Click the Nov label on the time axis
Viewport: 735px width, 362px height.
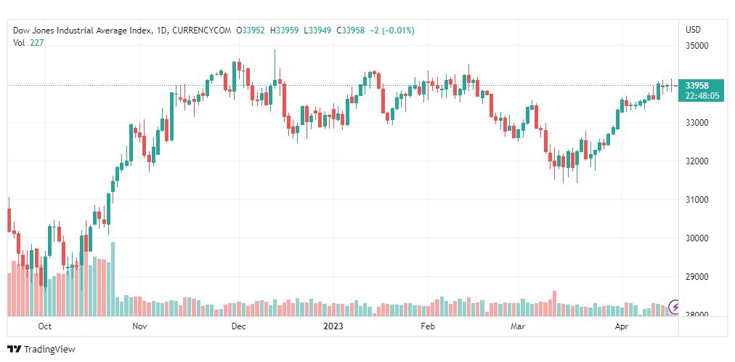[x=140, y=327]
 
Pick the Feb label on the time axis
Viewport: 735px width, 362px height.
[x=428, y=327]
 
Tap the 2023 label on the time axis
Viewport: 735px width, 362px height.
[x=333, y=327]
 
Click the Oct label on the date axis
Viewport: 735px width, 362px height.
[x=45, y=327]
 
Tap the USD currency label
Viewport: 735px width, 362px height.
[x=693, y=30]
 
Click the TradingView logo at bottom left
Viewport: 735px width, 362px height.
[x=41, y=350]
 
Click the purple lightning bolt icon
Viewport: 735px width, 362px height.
[x=675, y=307]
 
